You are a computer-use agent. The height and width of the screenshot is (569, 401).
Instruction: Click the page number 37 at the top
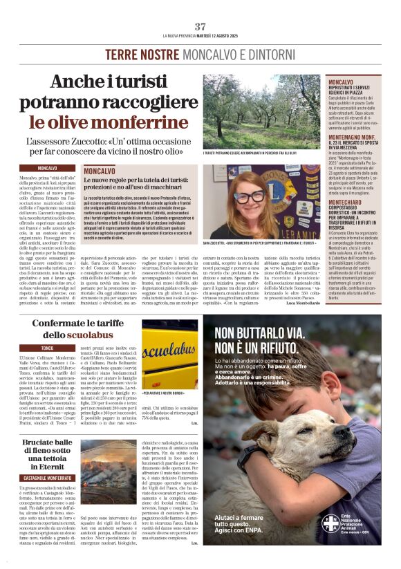pyautogui.click(x=200, y=26)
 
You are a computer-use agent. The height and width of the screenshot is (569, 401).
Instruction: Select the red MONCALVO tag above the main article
pyautogui.click(x=47, y=168)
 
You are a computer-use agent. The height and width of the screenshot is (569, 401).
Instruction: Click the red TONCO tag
pyautogui.click(x=47, y=348)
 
